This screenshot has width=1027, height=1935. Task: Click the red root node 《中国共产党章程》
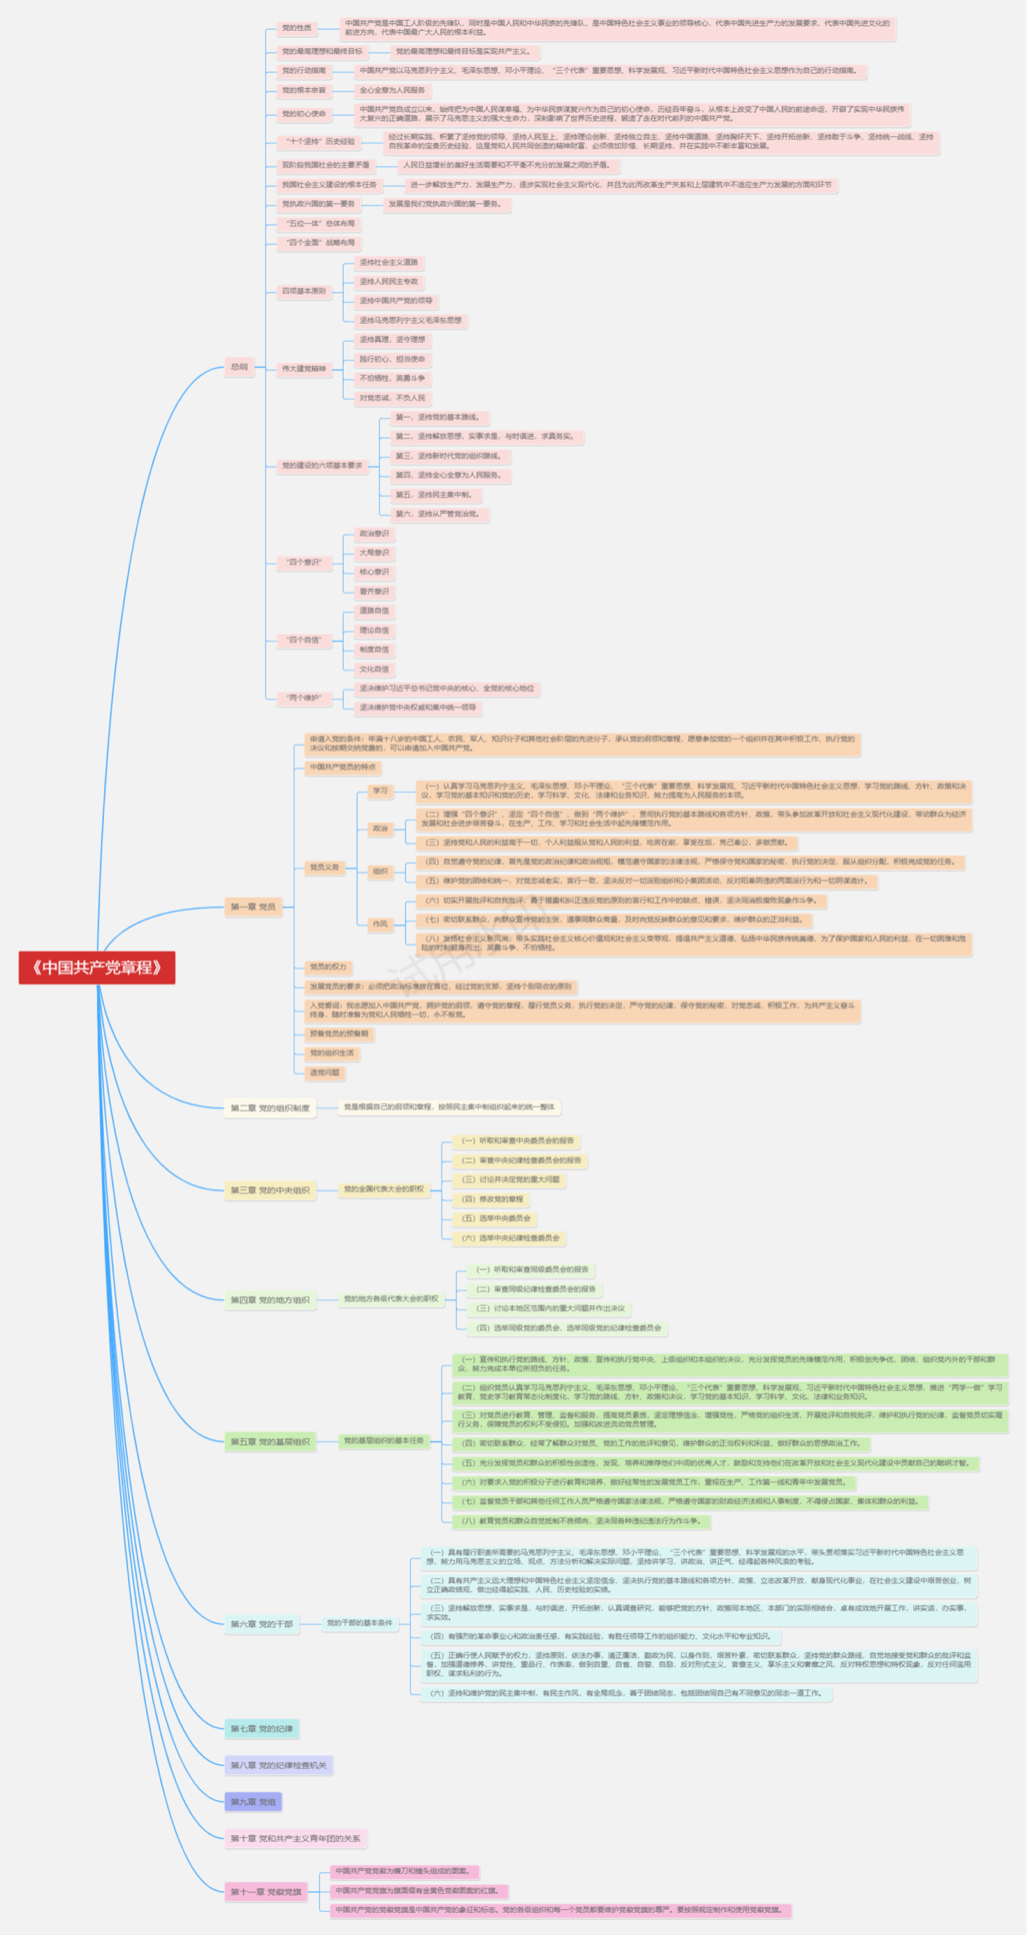coord(97,967)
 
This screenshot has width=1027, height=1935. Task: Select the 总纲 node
coord(239,367)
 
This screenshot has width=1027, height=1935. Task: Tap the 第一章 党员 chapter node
coord(253,907)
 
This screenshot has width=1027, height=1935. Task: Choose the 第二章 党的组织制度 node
coord(270,1107)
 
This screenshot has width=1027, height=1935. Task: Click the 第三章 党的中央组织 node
coord(270,1189)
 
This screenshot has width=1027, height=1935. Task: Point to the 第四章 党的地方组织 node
coord(270,1299)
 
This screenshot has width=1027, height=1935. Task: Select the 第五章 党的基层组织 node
coord(270,1441)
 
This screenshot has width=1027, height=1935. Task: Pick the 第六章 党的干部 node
coord(262,1623)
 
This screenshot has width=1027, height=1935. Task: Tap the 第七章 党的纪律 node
coord(262,1728)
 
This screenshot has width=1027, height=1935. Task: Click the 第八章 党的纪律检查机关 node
coord(278,1765)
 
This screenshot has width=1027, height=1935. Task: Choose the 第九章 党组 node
coord(253,1801)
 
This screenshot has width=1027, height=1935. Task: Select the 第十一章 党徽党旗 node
coord(266,1891)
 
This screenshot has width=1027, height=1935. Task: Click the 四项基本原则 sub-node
coord(303,291)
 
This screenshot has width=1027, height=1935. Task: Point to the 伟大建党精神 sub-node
coord(303,369)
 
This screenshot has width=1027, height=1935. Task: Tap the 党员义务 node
coord(324,868)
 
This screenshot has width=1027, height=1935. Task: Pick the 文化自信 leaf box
coord(374,669)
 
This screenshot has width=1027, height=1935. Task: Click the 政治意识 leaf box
coord(374,534)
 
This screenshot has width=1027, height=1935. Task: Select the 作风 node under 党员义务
coord(380,925)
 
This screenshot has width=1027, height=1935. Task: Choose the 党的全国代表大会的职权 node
coord(384,1189)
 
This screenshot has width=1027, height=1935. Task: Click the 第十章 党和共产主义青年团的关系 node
coord(296,1838)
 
